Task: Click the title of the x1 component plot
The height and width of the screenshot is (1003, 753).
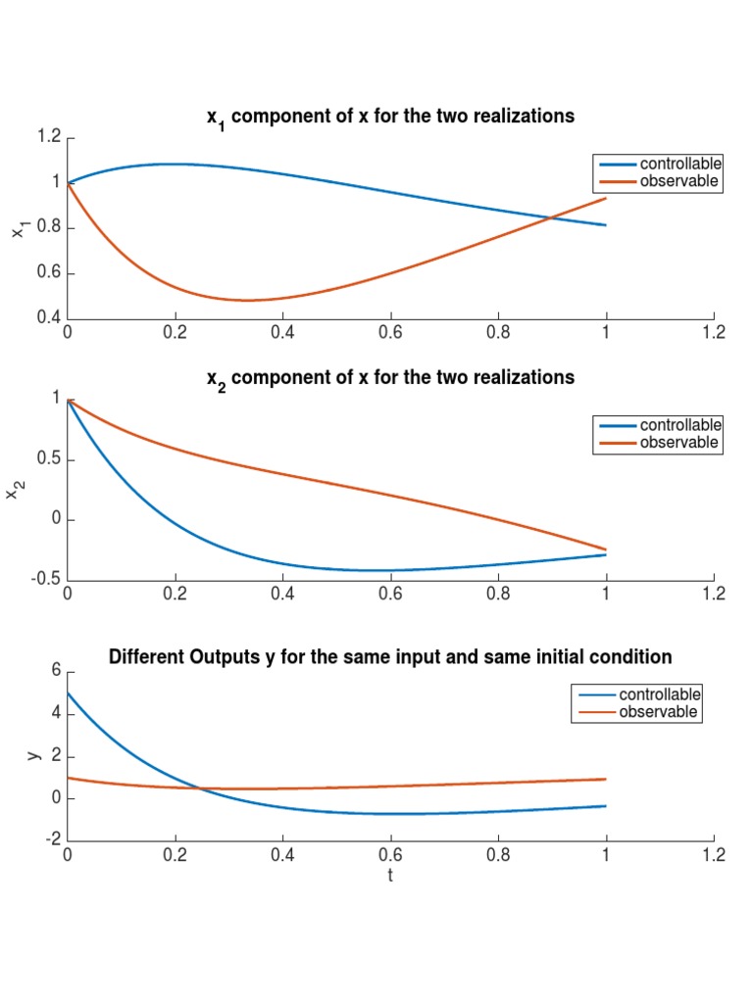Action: [390, 117]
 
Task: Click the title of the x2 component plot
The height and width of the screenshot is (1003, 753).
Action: [390, 377]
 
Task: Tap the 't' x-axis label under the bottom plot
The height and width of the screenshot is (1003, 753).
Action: [390, 875]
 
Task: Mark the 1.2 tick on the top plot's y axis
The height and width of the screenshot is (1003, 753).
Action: [48, 137]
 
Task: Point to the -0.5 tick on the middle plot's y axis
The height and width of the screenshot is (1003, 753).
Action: [45, 579]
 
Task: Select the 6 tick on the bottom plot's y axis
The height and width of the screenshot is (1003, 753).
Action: [56, 671]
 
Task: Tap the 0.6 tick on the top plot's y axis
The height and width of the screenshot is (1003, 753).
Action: [48, 273]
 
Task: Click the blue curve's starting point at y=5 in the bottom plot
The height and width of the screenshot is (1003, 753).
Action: [68, 693]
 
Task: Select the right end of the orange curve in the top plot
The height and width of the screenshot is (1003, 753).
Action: [606, 199]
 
